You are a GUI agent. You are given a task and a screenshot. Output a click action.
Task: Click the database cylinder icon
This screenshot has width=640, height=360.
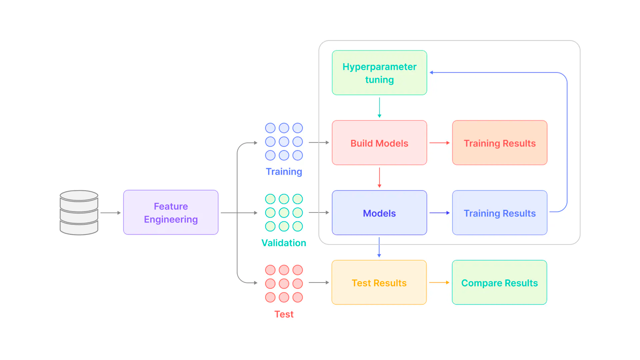[79, 213]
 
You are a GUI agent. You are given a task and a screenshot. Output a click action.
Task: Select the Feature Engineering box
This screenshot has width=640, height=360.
[171, 213]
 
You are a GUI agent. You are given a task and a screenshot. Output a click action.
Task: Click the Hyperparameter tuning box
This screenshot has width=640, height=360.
[379, 73]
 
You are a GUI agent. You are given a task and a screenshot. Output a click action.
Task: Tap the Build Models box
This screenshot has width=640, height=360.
[379, 143]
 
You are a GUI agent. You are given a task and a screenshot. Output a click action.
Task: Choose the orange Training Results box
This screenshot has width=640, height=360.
[499, 143]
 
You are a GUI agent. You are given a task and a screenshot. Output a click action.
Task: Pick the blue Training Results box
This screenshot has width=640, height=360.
[499, 213]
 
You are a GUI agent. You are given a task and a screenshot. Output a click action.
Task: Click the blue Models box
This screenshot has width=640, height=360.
[379, 213]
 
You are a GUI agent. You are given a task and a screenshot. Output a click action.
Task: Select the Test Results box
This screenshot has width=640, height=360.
[379, 283]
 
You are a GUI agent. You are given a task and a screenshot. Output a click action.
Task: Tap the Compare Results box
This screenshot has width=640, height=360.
[499, 283]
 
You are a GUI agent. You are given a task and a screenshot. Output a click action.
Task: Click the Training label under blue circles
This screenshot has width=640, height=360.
[284, 172]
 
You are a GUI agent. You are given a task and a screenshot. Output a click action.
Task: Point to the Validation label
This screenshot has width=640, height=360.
[284, 243]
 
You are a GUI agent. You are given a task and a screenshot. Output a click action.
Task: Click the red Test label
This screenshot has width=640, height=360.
[284, 314]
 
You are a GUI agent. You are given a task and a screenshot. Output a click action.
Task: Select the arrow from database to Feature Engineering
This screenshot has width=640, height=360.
[110, 213]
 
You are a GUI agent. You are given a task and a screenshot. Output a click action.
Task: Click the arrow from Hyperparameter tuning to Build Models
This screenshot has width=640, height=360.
[379, 107]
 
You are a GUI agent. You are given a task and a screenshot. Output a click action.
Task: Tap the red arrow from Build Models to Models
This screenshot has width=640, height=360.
[379, 177]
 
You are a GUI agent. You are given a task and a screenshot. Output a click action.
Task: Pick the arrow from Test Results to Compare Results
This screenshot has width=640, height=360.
[439, 282]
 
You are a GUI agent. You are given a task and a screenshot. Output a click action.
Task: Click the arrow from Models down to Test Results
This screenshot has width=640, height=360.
[379, 247]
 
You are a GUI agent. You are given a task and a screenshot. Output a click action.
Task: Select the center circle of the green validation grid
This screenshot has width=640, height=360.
[284, 213]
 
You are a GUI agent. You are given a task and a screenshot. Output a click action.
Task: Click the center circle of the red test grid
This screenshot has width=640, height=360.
[284, 284]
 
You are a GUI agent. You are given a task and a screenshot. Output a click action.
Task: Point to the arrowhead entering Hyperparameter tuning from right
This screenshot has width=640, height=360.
[432, 72]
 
